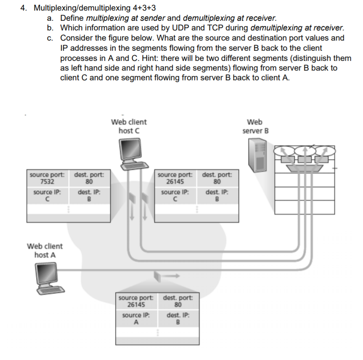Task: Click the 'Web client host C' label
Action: tap(129, 126)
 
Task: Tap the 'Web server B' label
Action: tap(255, 126)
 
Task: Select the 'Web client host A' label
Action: tap(45, 250)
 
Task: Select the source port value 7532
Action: tap(47, 181)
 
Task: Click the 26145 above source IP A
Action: tap(136, 304)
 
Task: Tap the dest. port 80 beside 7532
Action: tap(89, 181)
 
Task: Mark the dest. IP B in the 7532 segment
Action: tap(89, 199)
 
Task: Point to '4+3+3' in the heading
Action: tap(144, 8)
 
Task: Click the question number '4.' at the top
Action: tap(25, 8)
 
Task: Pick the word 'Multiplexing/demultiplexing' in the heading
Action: tap(82, 8)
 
